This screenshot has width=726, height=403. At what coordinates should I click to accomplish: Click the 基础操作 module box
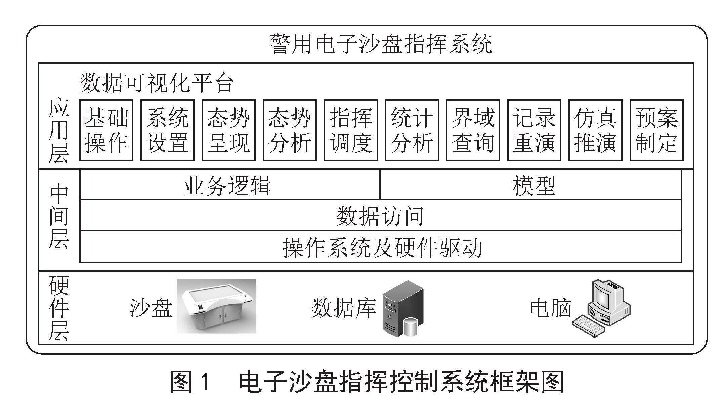(x=106, y=130)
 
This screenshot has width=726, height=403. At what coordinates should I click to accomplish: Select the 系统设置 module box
(x=167, y=130)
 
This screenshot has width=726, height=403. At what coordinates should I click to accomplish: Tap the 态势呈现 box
(x=228, y=130)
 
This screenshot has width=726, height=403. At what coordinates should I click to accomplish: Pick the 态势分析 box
(x=290, y=130)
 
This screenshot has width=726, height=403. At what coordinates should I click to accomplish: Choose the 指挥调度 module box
(x=351, y=130)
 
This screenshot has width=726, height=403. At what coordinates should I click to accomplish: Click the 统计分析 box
(x=412, y=130)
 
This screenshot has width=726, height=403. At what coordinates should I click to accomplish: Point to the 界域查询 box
(x=473, y=130)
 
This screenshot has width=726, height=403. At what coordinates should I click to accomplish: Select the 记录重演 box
(x=534, y=130)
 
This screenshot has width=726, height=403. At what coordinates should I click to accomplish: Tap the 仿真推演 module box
(x=595, y=130)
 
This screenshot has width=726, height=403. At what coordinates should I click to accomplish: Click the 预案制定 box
(x=656, y=130)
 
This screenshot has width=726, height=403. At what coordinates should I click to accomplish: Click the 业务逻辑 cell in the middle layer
(x=230, y=185)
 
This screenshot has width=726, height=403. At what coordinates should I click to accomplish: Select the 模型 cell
(x=531, y=185)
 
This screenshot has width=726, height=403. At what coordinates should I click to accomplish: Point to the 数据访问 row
(x=381, y=216)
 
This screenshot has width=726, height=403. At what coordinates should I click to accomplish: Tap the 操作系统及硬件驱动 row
(x=381, y=247)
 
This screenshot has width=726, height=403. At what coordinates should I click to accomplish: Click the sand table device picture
(x=217, y=306)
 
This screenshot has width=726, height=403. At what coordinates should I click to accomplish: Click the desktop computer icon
(x=601, y=308)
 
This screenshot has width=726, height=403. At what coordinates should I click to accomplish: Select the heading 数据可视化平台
(x=157, y=83)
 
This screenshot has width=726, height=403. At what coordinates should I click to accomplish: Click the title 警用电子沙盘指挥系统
(x=381, y=43)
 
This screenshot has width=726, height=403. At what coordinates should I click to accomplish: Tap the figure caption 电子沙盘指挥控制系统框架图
(x=401, y=382)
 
